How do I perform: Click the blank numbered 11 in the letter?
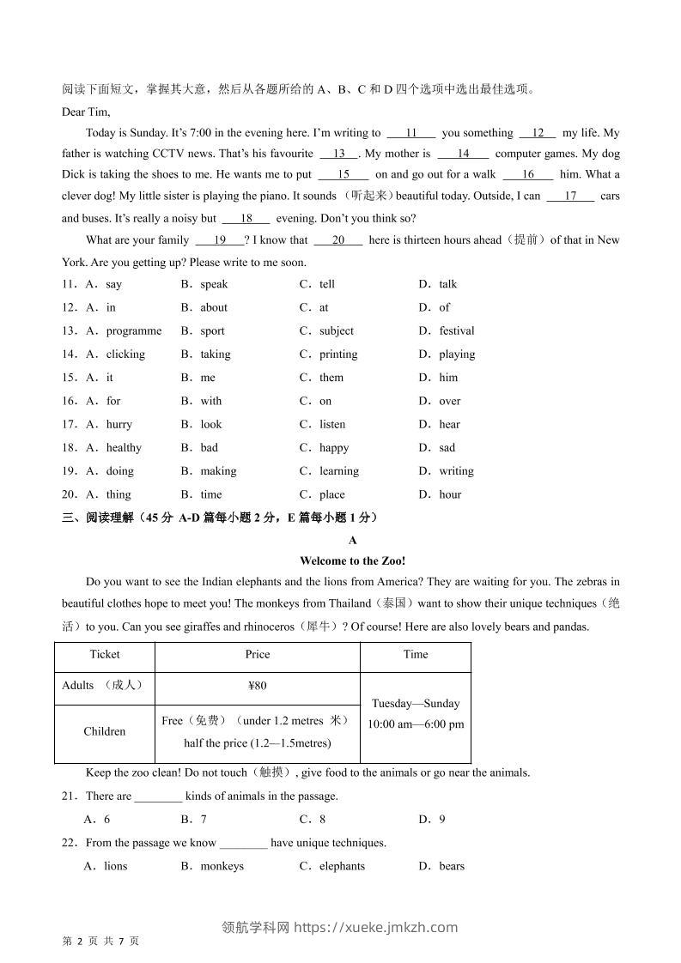[x=410, y=133]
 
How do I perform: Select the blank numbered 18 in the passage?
[x=246, y=219]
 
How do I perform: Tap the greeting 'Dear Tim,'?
[x=86, y=112]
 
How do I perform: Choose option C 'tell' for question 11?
[x=326, y=284]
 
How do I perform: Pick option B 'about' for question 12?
[x=213, y=307]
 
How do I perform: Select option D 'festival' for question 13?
[x=456, y=330]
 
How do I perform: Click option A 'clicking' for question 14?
[x=125, y=354]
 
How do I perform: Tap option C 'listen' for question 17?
[x=331, y=424]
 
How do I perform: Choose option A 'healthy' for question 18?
[x=123, y=447]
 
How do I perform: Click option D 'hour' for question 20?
[x=450, y=494]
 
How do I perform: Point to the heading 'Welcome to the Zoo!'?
[x=352, y=560]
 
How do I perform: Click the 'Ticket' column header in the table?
[x=105, y=654]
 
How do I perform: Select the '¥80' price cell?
[x=257, y=686]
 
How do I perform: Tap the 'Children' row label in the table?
[x=105, y=731]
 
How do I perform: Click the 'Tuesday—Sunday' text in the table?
[x=416, y=703]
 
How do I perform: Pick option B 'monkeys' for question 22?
[x=222, y=866]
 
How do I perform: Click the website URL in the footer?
[x=376, y=927]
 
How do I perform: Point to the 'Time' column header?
[x=416, y=654]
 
